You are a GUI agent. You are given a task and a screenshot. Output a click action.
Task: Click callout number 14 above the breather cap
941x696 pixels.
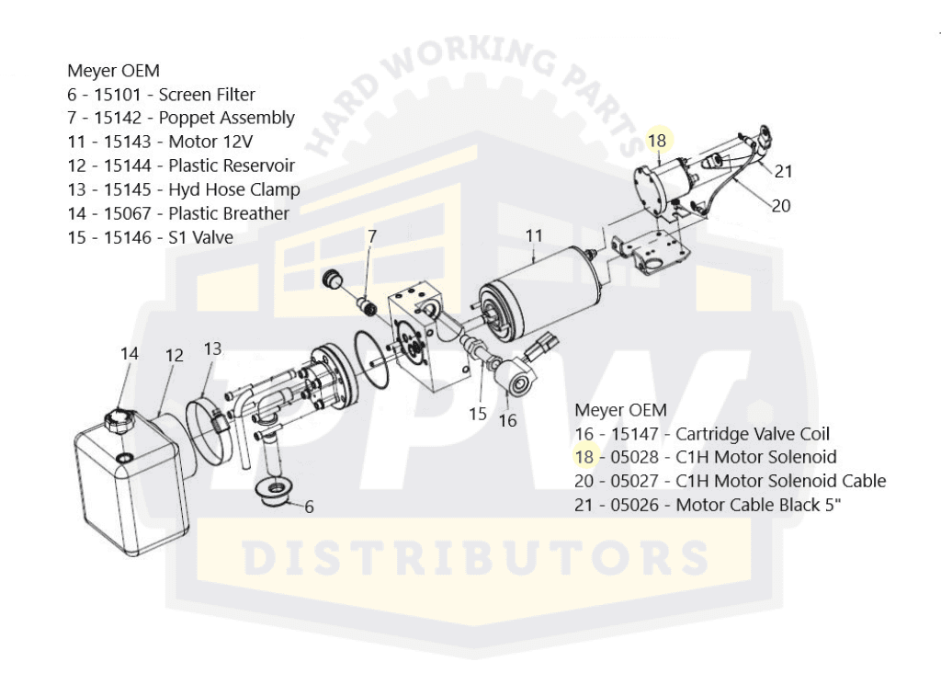(x=129, y=354)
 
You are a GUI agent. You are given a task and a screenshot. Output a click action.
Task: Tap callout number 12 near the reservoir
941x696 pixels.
(x=174, y=355)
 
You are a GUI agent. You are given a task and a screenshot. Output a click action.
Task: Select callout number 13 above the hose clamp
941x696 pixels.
(x=212, y=348)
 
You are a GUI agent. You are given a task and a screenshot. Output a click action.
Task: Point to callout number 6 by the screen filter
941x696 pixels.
(x=309, y=506)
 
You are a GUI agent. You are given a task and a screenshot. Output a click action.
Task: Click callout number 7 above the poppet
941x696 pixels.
(x=371, y=236)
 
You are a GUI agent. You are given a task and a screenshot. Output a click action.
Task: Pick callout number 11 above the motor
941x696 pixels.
(x=534, y=235)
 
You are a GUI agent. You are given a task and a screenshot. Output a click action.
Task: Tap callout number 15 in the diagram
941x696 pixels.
(x=478, y=414)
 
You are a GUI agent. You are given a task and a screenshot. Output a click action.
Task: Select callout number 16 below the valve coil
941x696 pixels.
(x=508, y=420)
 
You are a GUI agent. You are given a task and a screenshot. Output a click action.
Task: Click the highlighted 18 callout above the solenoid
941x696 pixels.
(x=656, y=141)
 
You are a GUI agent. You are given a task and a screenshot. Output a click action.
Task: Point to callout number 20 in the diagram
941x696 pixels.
(x=780, y=206)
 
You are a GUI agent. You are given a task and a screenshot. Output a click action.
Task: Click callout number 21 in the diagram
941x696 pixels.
(x=783, y=171)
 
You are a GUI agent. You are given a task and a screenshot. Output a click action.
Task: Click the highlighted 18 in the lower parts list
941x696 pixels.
(x=584, y=456)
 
